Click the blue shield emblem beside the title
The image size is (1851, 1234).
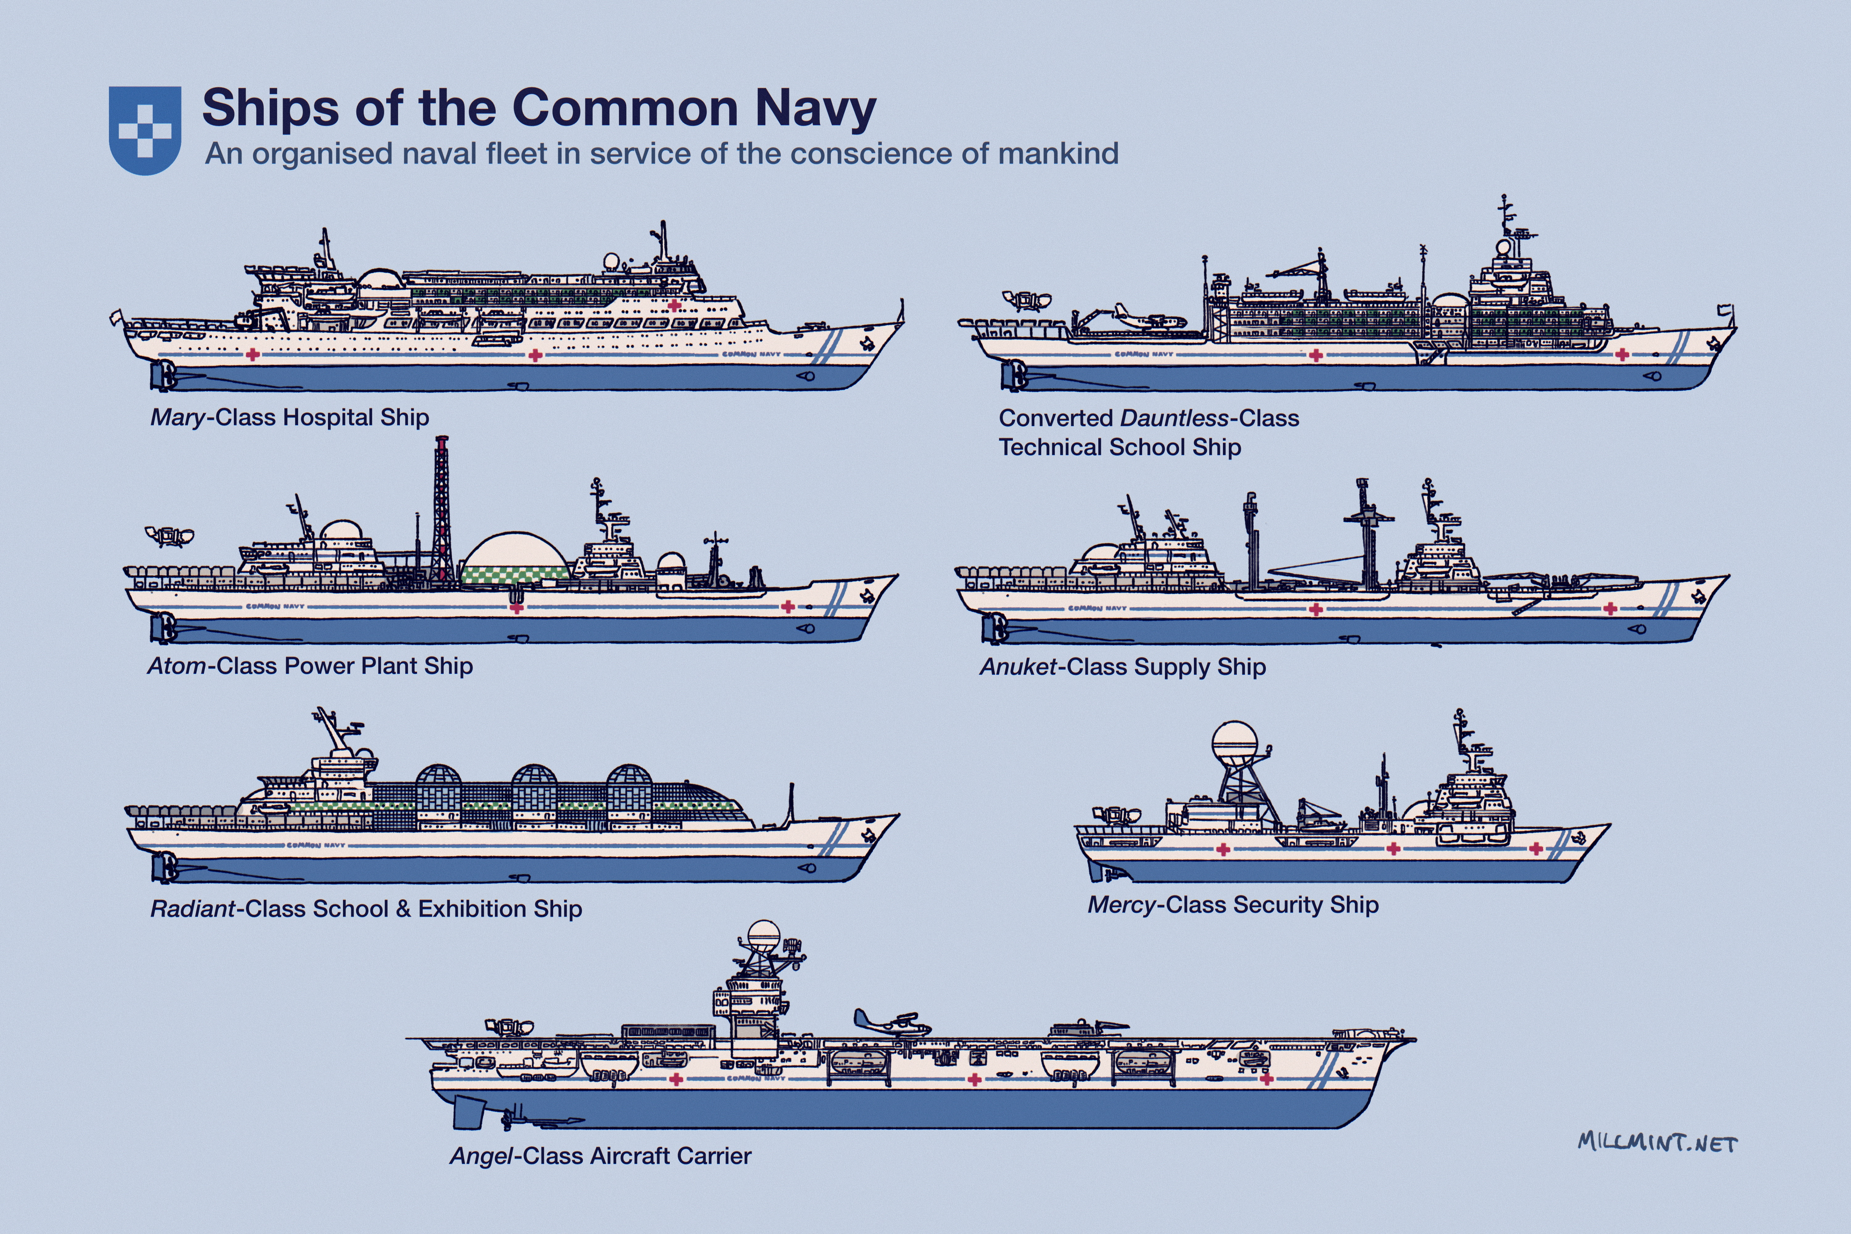click(145, 130)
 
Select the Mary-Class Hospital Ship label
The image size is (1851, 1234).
click(290, 417)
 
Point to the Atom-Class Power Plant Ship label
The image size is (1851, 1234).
click(310, 666)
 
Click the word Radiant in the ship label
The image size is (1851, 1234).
click(193, 909)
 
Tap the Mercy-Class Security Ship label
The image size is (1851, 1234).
click(1232, 905)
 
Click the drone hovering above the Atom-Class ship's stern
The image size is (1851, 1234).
click(169, 536)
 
